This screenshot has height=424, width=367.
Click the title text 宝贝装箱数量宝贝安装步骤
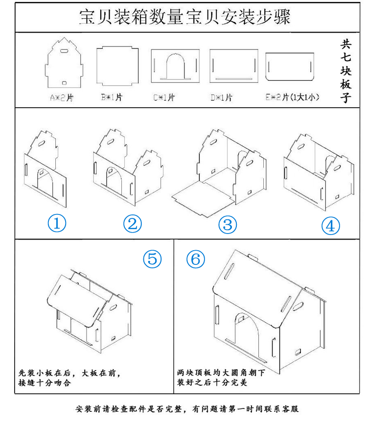[x=184, y=17]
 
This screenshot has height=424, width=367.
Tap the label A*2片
[x=62, y=97]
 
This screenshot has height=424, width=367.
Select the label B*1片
[x=112, y=97]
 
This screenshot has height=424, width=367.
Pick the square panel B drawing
[x=115, y=66]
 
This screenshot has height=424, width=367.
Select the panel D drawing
[x=234, y=65]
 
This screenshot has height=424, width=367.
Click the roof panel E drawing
[x=290, y=67]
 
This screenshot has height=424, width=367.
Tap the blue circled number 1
[x=57, y=224]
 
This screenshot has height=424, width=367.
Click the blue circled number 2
[x=132, y=224]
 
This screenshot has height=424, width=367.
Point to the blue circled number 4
[x=330, y=226]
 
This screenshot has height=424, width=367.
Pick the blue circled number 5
[x=152, y=258]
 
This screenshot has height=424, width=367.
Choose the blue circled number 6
[x=196, y=259]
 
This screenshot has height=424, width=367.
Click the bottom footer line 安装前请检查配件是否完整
[x=187, y=408]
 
